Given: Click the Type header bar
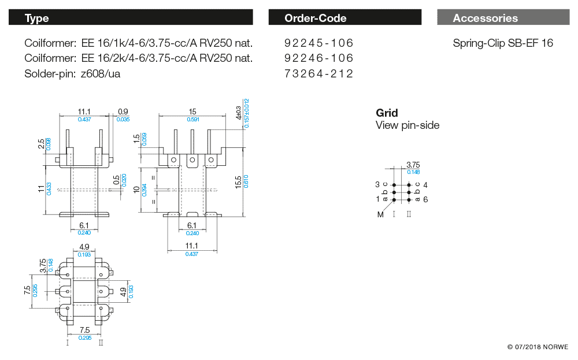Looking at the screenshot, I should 130,18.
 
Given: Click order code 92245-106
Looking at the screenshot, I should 318,43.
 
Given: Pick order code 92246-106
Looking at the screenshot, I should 318,58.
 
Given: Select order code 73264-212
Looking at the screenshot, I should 318,73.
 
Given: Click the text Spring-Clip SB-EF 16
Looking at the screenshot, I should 503,43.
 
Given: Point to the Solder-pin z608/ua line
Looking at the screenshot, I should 72,73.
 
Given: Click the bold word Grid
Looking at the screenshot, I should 387,113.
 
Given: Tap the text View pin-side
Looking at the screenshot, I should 407,125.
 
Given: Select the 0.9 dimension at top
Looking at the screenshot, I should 123,112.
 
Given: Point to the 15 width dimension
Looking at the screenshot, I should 192,112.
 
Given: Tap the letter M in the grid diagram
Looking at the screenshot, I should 380,214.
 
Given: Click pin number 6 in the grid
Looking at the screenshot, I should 425,199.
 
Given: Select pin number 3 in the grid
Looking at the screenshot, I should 377,184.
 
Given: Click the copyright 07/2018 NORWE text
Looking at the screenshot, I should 538,347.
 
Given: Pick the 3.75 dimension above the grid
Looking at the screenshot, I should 413,165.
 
